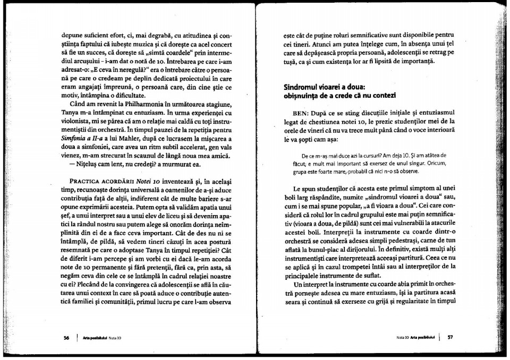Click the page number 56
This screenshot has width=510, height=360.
click(x=66, y=336)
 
